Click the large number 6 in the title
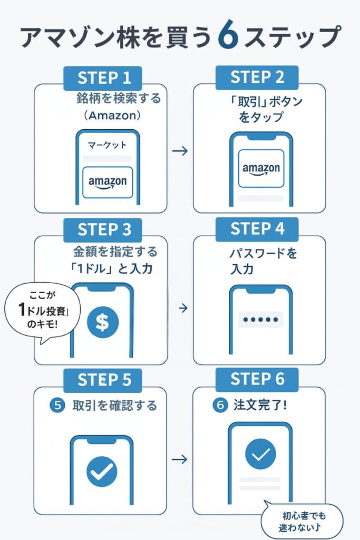tap(229, 36)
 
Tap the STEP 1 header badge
tap(104, 78)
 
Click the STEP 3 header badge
tap(104, 230)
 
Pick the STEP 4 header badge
tap(257, 229)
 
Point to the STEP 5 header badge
tap(104, 380)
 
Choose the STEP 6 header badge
tap(257, 379)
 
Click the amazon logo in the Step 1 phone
tap(108, 182)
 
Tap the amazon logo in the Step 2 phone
tap(261, 169)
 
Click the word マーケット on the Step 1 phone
tap(107, 144)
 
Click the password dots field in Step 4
tap(260, 320)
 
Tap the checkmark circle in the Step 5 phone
tap(102, 470)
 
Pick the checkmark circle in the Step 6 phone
tap(260, 454)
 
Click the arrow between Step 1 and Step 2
tap(180, 151)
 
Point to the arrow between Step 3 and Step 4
tap(183, 307)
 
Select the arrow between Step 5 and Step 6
tap(180, 459)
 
